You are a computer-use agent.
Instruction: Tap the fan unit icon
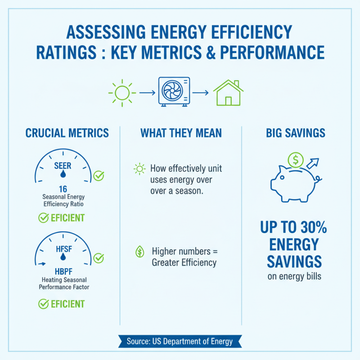coord(174,92)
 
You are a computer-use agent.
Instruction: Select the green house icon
coord(228,93)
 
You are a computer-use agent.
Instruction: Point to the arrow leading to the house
coord(201,93)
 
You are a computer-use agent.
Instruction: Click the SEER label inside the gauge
coord(63,166)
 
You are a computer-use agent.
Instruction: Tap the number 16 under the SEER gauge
coord(63,189)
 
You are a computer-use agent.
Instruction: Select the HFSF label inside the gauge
coord(63,248)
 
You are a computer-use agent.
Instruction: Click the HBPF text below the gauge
coord(63,271)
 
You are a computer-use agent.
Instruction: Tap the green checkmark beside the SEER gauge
coord(99,175)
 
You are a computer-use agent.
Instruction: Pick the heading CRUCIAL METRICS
coord(67,133)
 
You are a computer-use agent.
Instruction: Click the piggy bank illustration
coord(292,182)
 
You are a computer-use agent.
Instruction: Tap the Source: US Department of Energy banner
coord(180,341)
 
